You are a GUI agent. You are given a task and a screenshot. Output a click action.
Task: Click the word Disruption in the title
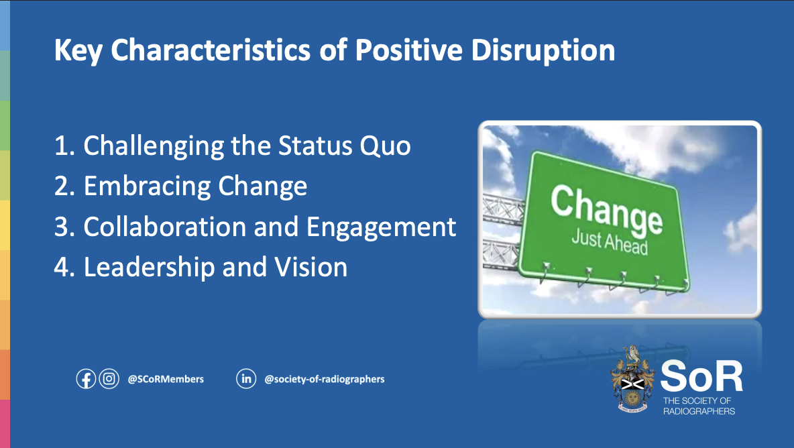pyautogui.click(x=543, y=51)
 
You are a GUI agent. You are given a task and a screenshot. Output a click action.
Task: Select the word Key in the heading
pyautogui.click(x=78, y=51)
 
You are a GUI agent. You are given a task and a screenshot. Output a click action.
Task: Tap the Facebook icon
pyautogui.click(x=86, y=379)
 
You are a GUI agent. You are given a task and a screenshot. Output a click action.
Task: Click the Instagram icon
pyautogui.click(x=109, y=379)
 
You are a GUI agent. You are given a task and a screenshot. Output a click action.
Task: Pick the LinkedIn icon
pyautogui.click(x=246, y=379)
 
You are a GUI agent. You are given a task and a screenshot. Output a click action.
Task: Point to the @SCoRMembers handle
pyautogui.click(x=166, y=379)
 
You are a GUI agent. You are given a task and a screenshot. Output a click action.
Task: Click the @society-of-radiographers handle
pyautogui.click(x=324, y=379)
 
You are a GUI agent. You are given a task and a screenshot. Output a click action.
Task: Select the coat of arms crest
pyautogui.click(x=632, y=379)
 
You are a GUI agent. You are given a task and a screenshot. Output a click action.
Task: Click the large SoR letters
pyautogui.click(x=701, y=376)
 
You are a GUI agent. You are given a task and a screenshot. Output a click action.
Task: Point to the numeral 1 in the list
pyautogui.click(x=62, y=146)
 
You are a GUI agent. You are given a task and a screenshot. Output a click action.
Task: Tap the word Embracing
pyautogui.click(x=147, y=187)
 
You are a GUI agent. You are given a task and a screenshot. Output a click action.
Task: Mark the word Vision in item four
pyautogui.click(x=311, y=268)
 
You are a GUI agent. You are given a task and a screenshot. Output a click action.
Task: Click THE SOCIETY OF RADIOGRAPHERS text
pyautogui.click(x=699, y=406)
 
